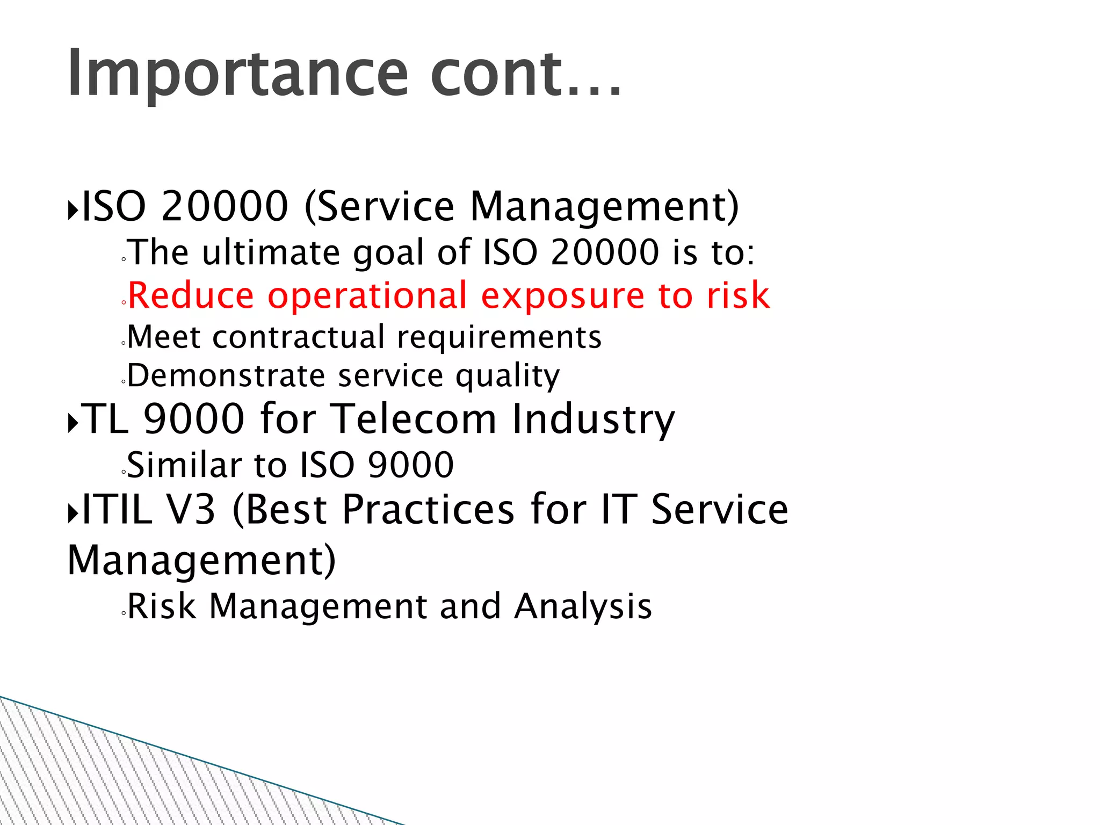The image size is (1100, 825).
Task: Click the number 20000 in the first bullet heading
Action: coord(225,206)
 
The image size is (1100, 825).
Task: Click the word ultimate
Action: coord(271,252)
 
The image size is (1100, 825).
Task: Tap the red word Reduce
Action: coord(191,295)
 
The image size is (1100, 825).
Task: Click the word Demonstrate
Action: coord(226,375)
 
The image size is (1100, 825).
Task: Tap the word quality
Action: coord(508,377)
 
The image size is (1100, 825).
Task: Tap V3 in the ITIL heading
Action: coord(191,509)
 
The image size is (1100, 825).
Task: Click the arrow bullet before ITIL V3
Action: coord(73,513)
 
